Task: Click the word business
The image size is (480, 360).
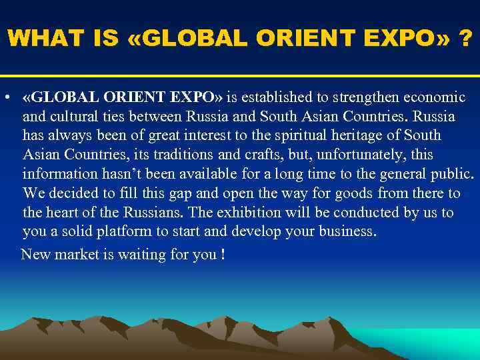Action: point(347,233)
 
